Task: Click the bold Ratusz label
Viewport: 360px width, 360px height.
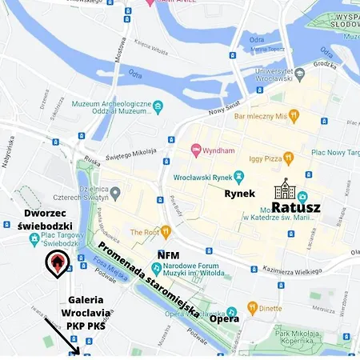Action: click(296, 208)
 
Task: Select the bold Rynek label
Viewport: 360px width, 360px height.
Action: click(239, 194)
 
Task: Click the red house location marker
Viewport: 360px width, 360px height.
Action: click(56, 262)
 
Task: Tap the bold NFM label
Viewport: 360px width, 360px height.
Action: click(168, 255)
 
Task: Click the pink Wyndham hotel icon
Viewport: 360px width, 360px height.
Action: click(194, 150)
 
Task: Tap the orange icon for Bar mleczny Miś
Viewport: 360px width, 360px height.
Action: click(294, 115)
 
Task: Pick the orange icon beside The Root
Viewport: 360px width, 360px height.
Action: click(166, 232)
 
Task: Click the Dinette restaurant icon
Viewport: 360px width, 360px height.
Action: click(253, 306)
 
